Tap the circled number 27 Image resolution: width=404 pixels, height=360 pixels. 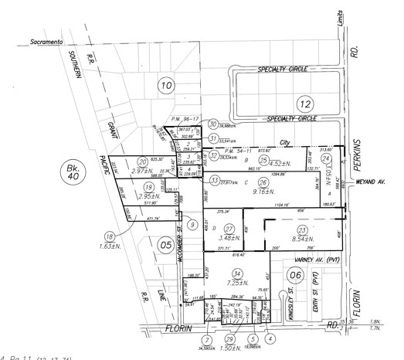point(228,229)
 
